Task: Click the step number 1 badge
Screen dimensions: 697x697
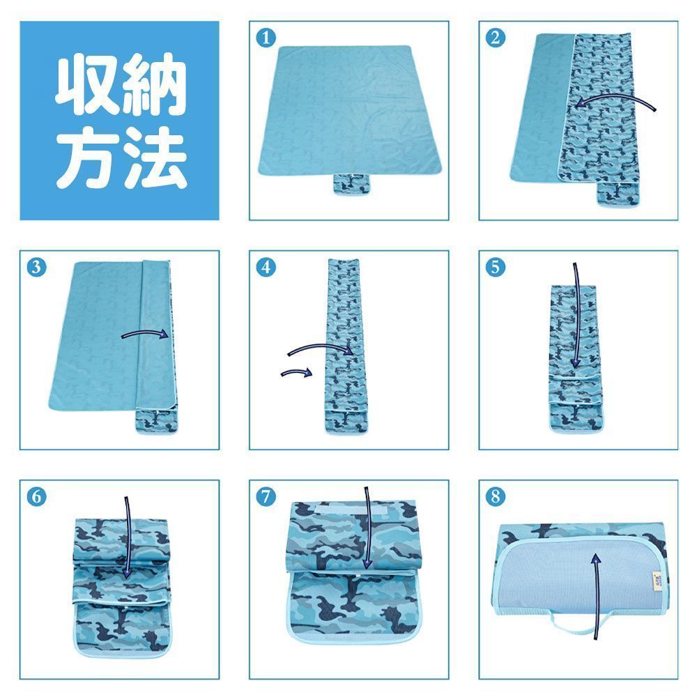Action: point(266,38)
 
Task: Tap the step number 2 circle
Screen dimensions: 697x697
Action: point(495,38)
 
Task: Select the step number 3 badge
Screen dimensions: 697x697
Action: point(36,267)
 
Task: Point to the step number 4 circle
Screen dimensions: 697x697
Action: point(266,267)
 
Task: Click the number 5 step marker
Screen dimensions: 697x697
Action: point(495,267)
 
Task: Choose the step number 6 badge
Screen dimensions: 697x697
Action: point(36,496)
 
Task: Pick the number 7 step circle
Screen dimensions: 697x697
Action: point(266,496)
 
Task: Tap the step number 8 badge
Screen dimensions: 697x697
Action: point(495,496)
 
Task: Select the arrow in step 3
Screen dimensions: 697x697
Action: point(144,332)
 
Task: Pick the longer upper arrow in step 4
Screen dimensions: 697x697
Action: point(319,346)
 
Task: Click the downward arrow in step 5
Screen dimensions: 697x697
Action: point(577,316)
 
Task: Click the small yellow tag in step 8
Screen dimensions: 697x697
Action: point(657,581)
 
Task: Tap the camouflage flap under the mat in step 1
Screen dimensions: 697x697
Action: point(351,185)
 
